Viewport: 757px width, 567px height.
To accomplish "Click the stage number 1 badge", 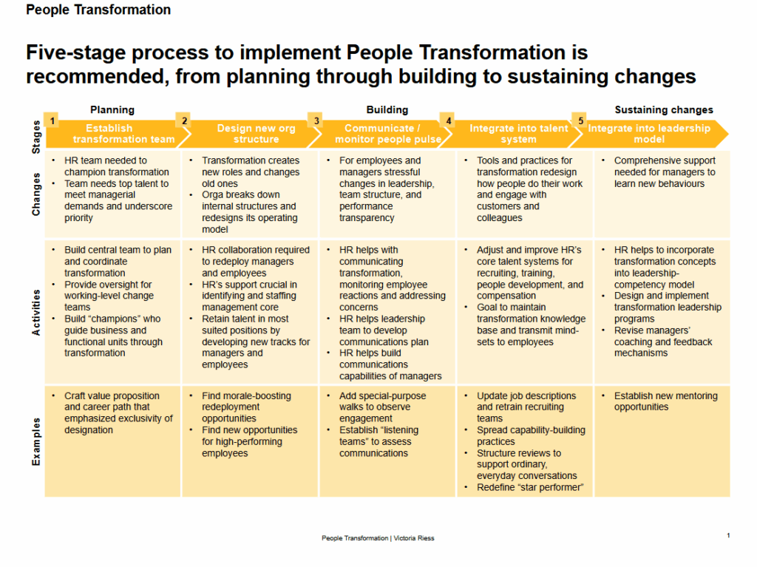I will coord(52,120).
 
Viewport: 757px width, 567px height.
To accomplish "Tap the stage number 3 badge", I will coord(316,120).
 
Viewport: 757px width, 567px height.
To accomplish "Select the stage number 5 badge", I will coord(580,120).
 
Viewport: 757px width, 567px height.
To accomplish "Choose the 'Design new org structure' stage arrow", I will coord(256,134).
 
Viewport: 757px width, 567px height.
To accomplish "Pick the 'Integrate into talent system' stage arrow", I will coord(518,134).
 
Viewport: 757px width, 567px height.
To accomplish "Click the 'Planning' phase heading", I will coord(112,109).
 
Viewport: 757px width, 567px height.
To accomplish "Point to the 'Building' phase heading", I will coord(387,109).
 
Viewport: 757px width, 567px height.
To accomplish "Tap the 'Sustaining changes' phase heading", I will coord(663,109).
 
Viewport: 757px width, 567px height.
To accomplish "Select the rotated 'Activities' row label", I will coord(36,312).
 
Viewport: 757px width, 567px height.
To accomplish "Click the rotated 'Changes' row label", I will coord(36,194).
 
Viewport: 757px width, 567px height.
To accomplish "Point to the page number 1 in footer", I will coord(728,535).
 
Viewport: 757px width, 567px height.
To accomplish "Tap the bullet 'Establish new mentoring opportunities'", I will coord(665,401).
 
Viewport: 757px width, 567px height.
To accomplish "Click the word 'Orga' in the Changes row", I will coord(214,195).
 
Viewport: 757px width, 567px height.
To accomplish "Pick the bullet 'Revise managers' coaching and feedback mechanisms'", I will coord(662,342).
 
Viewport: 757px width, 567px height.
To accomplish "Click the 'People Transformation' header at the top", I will coord(98,10).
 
